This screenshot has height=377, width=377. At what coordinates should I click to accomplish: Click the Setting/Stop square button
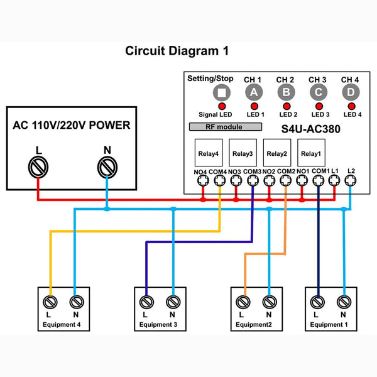(222, 92)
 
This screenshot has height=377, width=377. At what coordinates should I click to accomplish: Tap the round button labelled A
(254, 92)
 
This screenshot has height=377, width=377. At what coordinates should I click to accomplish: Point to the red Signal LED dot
(222, 106)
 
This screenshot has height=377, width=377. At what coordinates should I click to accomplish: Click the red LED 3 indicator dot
(319, 106)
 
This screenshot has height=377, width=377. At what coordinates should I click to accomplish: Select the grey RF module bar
(226, 127)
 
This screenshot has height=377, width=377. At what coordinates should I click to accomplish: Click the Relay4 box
(209, 153)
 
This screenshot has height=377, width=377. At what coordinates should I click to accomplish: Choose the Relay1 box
(311, 153)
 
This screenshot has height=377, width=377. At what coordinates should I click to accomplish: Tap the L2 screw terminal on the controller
(351, 180)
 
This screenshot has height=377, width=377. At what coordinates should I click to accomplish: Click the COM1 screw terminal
(319, 180)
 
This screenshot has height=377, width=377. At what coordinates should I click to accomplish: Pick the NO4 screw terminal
(203, 180)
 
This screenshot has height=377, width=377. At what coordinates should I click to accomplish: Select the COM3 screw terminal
(253, 180)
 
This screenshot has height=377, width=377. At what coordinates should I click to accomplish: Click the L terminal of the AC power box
(38, 167)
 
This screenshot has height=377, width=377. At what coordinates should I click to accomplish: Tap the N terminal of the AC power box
(107, 167)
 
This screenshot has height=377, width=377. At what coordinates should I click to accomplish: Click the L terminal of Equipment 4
(50, 302)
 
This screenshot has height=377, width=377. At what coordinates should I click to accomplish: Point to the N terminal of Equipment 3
(173, 302)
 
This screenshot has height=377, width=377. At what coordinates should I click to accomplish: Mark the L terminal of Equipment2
(243, 302)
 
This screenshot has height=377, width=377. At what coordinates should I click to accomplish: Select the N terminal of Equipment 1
(344, 302)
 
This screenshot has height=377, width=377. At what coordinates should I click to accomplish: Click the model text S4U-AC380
(310, 129)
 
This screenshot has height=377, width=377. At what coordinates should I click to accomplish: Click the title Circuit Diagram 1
(177, 51)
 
